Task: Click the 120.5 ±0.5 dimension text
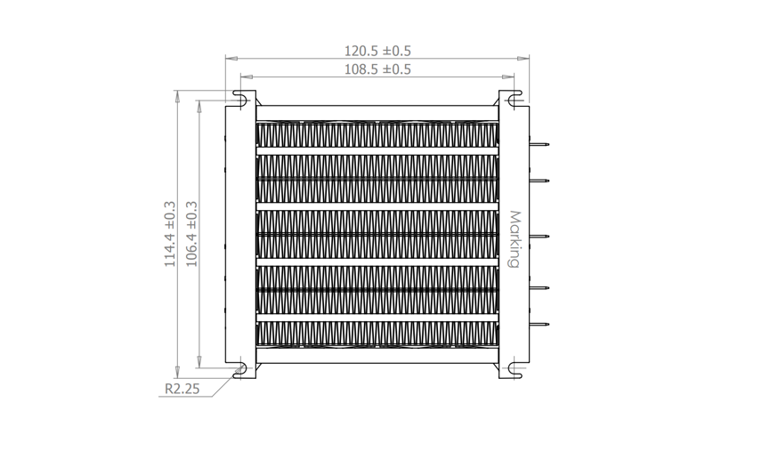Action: tap(377, 52)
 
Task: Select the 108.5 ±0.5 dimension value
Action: tap(377, 69)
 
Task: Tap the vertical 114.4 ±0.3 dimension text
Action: tap(169, 233)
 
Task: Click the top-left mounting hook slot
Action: tap(240, 95)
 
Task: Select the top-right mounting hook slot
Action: tap(515, 95)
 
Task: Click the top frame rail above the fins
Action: tap(377, 112)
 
